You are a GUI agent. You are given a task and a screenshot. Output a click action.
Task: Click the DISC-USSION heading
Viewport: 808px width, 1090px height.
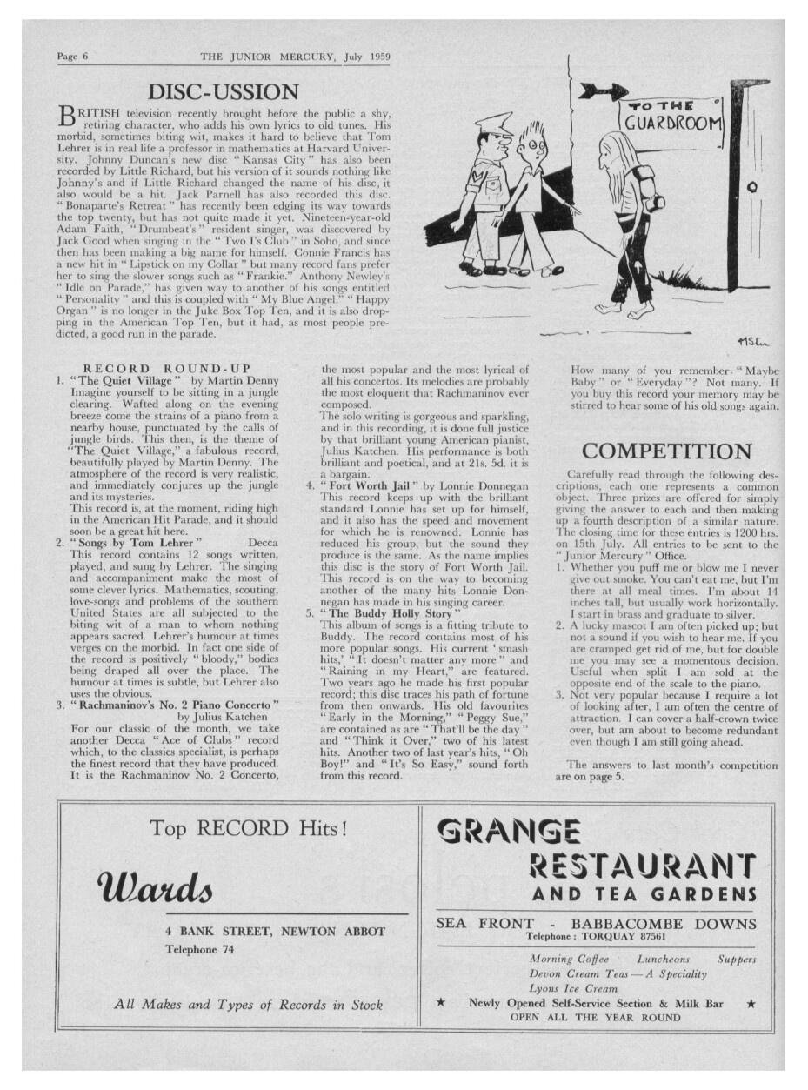[224, 90]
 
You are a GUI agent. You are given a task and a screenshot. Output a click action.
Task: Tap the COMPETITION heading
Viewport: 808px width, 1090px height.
[666, 451]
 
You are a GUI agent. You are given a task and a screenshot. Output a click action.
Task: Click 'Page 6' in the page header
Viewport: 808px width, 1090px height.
[73, 57]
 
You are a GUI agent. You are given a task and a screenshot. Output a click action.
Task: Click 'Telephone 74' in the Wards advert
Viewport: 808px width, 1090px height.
[200, 949]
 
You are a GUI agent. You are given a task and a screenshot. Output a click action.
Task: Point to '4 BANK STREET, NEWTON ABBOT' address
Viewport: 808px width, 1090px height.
[275, 931]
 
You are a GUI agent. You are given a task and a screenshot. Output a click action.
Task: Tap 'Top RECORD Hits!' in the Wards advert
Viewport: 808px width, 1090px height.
[249, 827]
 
